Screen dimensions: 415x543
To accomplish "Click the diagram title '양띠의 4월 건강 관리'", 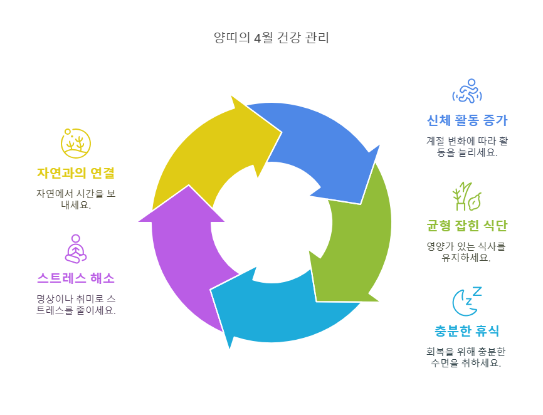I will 271,38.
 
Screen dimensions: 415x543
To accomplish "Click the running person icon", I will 467,92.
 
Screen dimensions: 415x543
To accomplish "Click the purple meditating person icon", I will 76,248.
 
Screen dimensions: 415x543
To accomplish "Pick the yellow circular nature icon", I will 76,143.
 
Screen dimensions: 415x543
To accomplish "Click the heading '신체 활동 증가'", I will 467,120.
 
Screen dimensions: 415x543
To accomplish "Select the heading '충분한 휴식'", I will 467,330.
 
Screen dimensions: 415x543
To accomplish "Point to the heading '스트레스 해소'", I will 76,278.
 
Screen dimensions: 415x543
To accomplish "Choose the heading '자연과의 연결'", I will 76,172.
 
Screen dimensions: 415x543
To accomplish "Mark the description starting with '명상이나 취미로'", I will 76,305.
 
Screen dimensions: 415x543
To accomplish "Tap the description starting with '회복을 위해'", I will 467,357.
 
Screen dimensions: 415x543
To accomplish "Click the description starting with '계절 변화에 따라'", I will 467,147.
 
